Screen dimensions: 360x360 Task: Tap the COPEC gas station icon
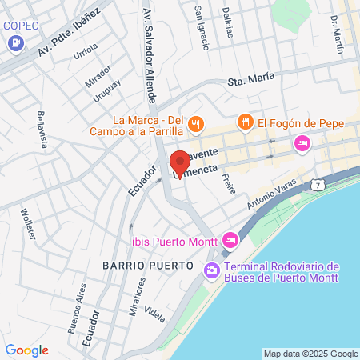[x=12, y=44]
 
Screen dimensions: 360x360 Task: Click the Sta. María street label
[x=251, y=78]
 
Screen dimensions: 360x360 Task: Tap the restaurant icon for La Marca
[x=196, y=124]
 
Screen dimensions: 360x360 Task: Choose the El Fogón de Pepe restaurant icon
[x=245, y=122]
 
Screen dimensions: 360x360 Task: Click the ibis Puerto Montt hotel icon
[x=230, y=239]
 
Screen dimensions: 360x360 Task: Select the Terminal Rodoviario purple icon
[x=212, y=270]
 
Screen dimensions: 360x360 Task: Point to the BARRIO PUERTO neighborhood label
[x=148, y=264]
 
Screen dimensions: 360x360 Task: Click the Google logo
[x=26, y=350]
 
